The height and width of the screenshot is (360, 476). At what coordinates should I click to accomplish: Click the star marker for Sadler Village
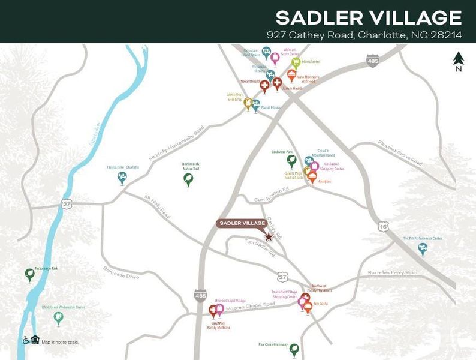coord(269,237)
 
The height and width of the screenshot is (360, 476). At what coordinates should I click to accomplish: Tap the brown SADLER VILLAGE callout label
coord(242,223)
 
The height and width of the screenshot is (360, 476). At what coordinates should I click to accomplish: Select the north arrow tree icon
coord(459,59)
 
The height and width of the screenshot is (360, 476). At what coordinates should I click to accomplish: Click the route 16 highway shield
coord(384,226)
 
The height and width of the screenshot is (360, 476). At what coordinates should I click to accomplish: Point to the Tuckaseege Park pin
coord(29,275)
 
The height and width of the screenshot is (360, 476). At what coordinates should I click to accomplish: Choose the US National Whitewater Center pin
coord(58,318)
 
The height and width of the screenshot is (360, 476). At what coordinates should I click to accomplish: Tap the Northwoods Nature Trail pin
coord(189,179)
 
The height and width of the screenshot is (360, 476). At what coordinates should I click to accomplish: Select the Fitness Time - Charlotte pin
coord(123,178)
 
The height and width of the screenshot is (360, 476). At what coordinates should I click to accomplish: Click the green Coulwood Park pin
coord(291,161)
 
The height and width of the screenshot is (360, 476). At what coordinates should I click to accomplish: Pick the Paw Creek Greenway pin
coord(294,350)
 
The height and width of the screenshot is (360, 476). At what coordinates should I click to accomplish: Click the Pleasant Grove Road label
coord(400,153)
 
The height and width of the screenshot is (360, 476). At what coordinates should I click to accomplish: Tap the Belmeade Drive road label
coord(120,273)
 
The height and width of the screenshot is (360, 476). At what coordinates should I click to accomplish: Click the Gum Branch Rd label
coord(272,190)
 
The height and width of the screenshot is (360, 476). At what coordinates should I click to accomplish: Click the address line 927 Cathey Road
coord(364,35)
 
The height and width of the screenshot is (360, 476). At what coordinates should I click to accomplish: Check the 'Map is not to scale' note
coord(60,342)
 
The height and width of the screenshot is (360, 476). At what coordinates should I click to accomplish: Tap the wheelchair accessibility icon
coord(26,340)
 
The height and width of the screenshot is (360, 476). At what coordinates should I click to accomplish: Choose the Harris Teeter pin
coord(296,63)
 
